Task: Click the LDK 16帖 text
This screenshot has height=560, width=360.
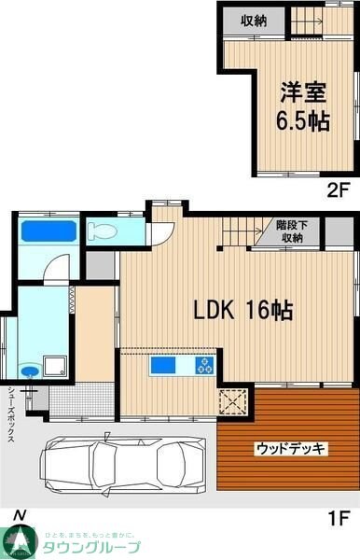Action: click(x=242, y=311)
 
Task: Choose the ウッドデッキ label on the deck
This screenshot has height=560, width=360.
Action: click(x=290, y=449)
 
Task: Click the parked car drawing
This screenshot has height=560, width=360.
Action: click(x=122, y=460)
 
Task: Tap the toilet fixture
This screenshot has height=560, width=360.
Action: click(x=102, y=230)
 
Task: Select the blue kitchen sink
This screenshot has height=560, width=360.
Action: click(x=163, y=366)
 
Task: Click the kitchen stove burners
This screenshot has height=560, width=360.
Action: click(x=204, y=366)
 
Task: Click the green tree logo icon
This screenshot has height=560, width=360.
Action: click(x=19, y=541)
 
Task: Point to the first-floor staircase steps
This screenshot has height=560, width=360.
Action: click(x=246, y=231)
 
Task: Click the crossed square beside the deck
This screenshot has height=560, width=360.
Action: click(x=228, y=402)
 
